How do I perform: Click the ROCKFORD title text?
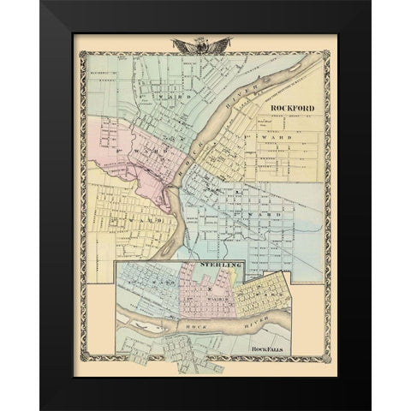coord(292,109)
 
